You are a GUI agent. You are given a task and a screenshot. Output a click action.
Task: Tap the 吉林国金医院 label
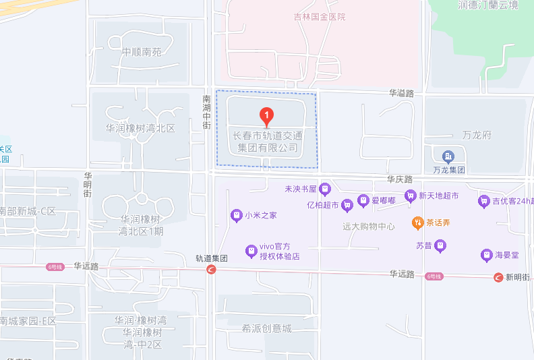click(320, 17)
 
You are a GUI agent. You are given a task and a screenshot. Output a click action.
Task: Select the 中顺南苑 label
click(142, 52)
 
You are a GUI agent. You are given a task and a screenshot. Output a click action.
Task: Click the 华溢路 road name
click(401, 93)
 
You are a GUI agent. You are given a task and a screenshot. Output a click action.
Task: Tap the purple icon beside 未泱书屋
click(324, 188)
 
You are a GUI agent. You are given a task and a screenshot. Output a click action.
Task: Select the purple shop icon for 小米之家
click(236, 216)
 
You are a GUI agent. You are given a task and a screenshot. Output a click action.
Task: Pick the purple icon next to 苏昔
click(440, 246)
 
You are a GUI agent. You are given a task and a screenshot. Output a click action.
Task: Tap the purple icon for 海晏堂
click(486, 255)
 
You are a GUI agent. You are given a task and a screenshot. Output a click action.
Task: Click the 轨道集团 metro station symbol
click(211, 270)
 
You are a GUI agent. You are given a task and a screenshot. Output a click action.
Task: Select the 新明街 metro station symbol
click(498, 277)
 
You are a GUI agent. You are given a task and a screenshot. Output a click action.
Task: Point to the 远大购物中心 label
click(369, 227)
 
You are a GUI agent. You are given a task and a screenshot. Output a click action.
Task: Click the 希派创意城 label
click(268, 328)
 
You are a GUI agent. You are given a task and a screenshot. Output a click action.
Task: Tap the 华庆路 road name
click(399, 179)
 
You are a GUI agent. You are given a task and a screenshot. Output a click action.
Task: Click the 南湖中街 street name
click(207, 112)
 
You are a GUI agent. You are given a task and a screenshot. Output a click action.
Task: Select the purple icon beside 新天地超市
click(409, 196)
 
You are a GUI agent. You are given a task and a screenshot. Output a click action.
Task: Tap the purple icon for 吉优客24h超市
click(483, 200)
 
